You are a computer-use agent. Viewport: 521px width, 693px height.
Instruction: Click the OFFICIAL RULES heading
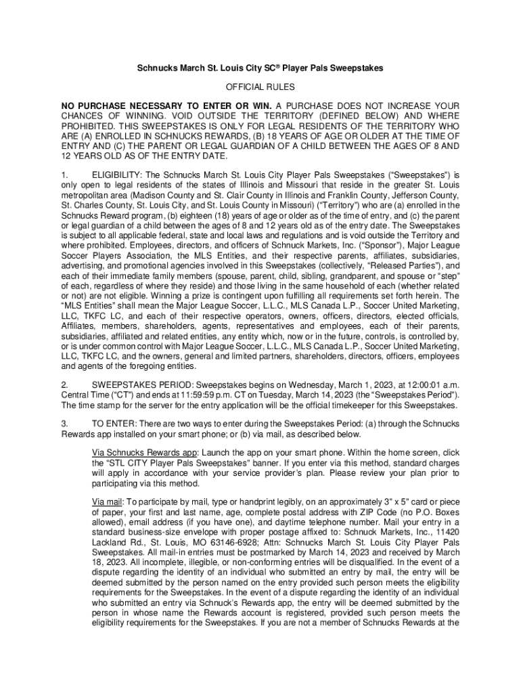click(260, 87)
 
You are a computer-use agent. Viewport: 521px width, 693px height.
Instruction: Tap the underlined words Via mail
click(106, 502)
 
